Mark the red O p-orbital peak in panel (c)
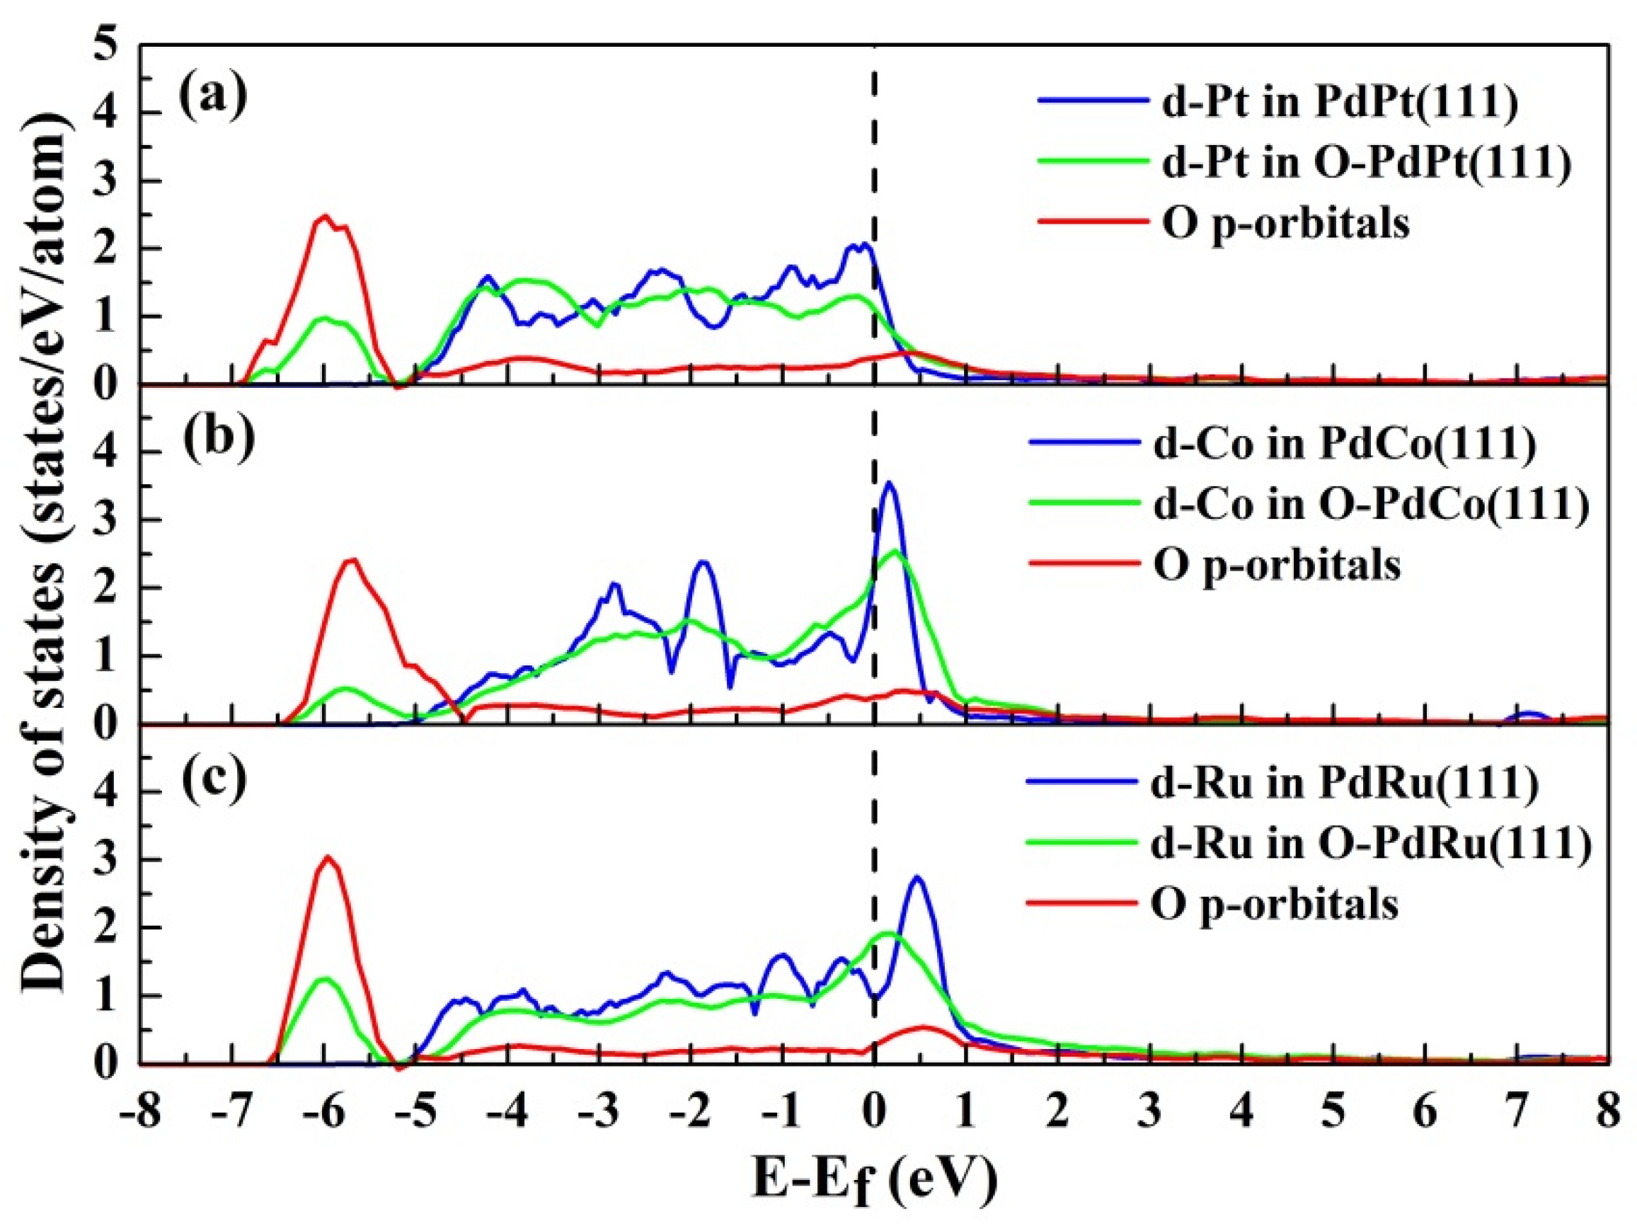[328, 857]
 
